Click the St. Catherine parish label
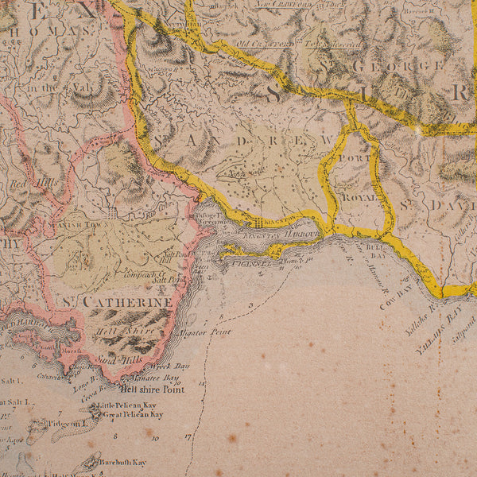coord(117,302)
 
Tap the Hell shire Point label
coord(151,390)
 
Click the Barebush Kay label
coord(127,462)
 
